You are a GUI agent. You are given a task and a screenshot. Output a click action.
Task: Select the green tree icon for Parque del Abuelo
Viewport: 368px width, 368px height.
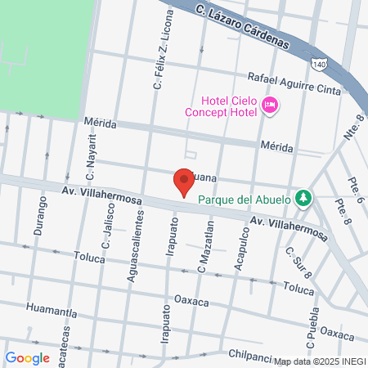point(303,197)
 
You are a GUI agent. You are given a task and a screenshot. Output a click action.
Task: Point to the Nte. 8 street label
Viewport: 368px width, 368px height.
point(352,130)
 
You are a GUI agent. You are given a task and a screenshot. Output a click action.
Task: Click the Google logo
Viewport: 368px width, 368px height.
point(27,357)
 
